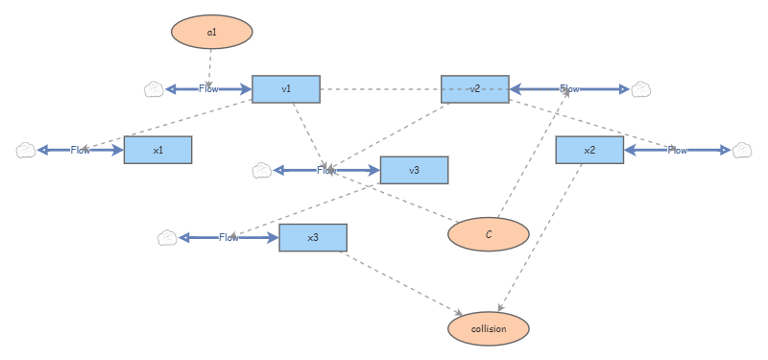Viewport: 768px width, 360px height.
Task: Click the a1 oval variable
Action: pyautogui.click(x=211, y=32)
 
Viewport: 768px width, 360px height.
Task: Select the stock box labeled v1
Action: pyautogui.click(x=286, y=89)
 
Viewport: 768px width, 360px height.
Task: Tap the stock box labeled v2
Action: pyautogui.click(x=474, y=89)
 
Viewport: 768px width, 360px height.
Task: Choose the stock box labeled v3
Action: pyautogui.click(x=414, y=170)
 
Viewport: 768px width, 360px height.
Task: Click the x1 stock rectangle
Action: pyautogui.click(x=157, y=150)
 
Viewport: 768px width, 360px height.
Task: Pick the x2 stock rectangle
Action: pyautogui.click(x=589, y=150)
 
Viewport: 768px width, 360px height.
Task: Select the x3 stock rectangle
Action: pyautogui.click(x=312, y=237)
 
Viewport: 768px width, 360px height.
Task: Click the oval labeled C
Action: pyautogui.click(x=489, y=233)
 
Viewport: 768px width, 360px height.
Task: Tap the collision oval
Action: pyautogui.click(x=489, y=328)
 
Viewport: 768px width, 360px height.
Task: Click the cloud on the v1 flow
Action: pyautogui.click(x=154, y=89)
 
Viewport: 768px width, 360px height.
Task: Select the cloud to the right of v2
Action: pyautogui.click(x=641, y=89)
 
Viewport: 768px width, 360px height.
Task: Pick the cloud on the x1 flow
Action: pyautogui.click(x=26, y=151)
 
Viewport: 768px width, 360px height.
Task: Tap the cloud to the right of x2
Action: pyautogui.click(x=742, y=151)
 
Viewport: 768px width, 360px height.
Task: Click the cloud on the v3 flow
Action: pyautogui.click(x=261, y=171)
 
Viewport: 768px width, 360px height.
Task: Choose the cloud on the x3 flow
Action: pyautogui.click(x=167, y=238)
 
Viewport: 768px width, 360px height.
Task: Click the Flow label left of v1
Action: pyautogui.click(x=208, y=89)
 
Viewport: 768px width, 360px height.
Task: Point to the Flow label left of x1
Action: pyautogui.click(x=81, y=151)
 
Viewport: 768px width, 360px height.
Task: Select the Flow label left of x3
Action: pyautogui.click(x=228, y=238)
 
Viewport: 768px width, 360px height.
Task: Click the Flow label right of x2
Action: pyautogui.click(x=678, y=151)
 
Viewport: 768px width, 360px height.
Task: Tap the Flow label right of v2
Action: pyautogui.click(x=570, y=89)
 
